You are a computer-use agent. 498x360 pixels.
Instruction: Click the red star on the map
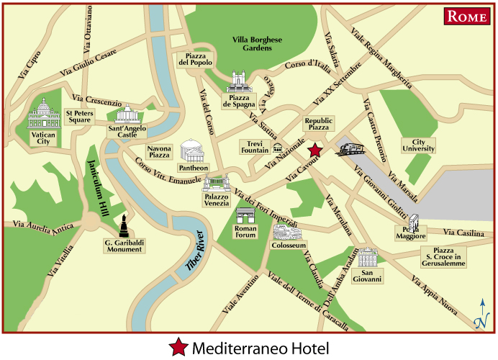314,150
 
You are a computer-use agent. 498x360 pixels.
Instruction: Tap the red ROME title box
467,17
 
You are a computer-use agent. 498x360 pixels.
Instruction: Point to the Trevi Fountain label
254,147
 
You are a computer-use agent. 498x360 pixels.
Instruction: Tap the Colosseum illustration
286,233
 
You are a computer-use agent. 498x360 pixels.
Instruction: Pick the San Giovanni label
372,275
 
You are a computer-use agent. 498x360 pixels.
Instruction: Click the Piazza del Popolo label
194,60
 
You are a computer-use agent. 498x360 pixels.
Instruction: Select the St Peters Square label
78,117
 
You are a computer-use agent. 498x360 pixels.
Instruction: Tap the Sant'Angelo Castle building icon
127,114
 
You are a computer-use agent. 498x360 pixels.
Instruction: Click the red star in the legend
178,348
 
